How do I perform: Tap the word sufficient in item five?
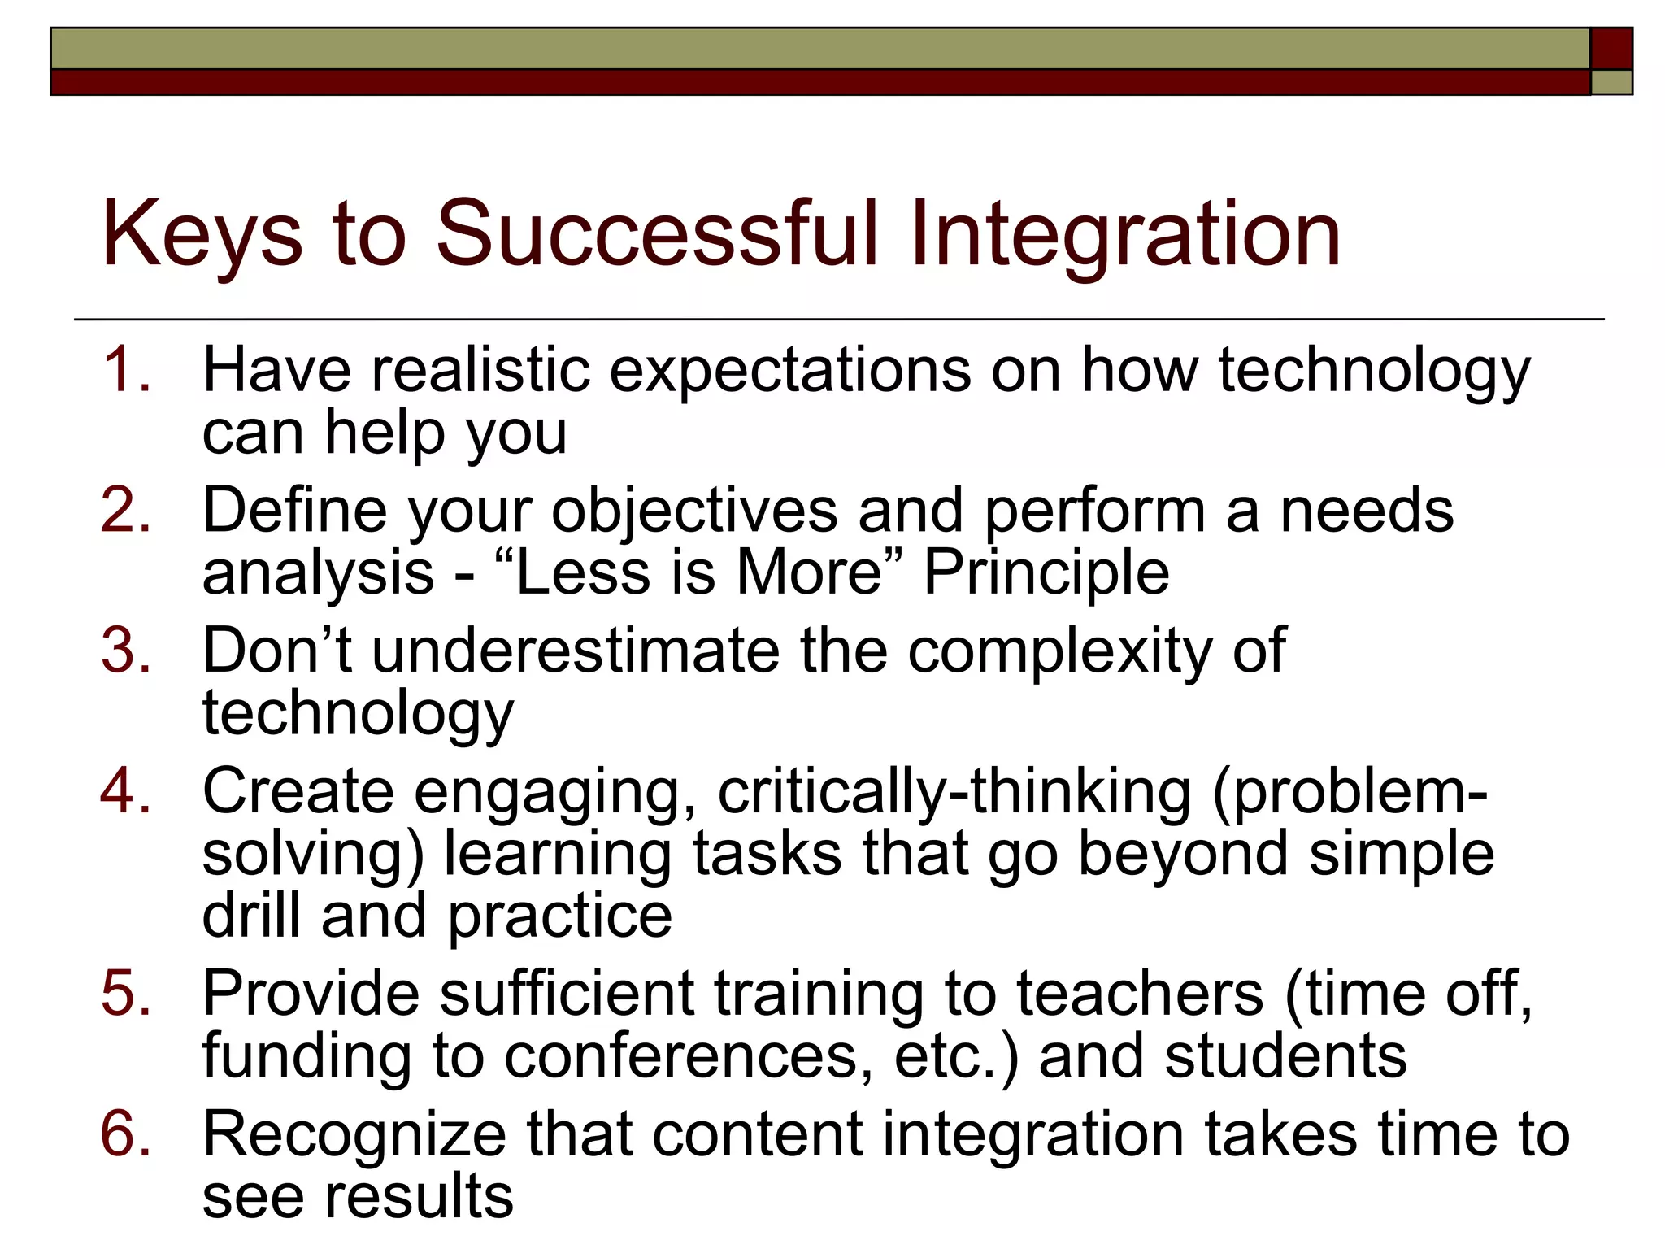pyautogui.click(x=567, y=994)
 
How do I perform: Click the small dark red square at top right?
pyautogui.click(x=1611, y=49)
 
